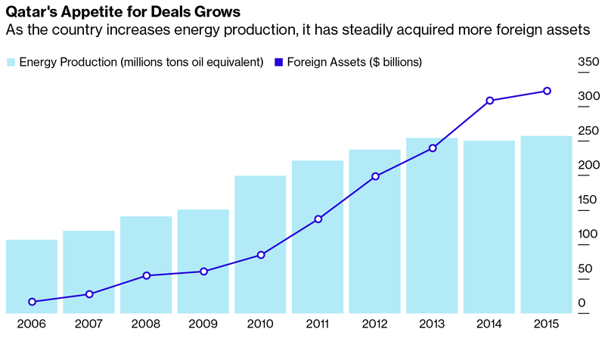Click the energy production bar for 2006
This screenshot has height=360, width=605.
32,276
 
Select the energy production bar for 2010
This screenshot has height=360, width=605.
260,244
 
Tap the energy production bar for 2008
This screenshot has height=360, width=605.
146,265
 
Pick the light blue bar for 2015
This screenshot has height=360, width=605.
546,224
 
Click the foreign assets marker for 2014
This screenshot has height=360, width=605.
489,101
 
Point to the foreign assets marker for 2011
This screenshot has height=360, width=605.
318,219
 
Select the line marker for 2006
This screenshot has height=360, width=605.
32,302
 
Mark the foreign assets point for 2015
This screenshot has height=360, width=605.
547,92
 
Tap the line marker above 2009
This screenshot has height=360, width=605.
204,271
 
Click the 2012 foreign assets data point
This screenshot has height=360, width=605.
375,176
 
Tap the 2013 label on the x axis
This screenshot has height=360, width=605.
431,324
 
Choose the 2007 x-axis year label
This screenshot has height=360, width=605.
89,324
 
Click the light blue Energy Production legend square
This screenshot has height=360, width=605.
11,62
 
